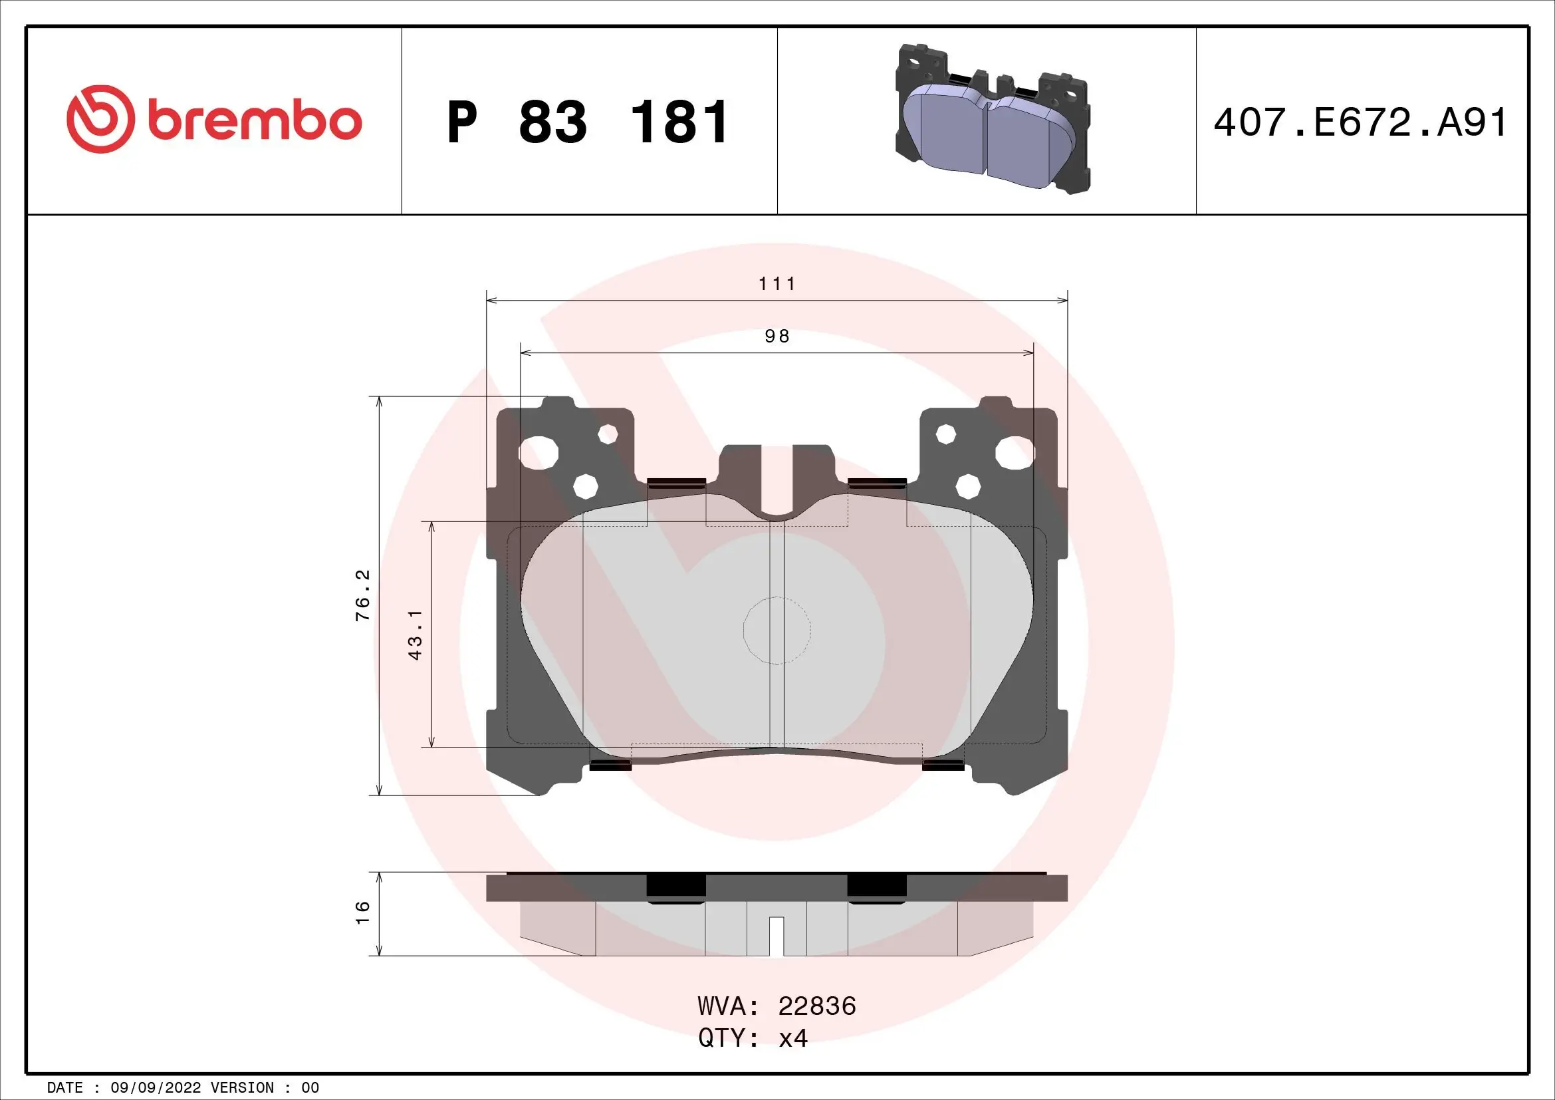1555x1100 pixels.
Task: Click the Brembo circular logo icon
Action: coord(98,118)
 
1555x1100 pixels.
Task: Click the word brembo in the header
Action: coord(255,121)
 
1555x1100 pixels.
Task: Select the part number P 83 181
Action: coord(588,122)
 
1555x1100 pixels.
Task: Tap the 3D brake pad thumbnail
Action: coord(992,119)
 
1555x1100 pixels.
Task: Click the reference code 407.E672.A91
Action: coord(1360,122)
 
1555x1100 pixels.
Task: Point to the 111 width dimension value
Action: coord(777,283)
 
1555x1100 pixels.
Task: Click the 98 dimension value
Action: coord(777,336)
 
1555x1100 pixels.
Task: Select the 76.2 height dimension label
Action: coord(364,595)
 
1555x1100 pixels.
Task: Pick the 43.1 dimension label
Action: coord(416,634)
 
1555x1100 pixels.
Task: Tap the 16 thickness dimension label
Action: coord(364,912)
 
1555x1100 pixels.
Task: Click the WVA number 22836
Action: coord(817,1006)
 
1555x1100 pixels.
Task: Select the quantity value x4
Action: coord(793,1037)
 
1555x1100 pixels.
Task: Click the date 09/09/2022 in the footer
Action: coord(155,1087)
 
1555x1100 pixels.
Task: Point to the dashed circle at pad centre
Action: coord(777,630)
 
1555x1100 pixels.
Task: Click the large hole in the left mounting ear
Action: coord(539,453)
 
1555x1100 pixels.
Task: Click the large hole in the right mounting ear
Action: coord(1015,453)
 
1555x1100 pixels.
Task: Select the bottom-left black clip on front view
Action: coord(610,765)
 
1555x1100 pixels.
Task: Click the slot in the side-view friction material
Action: coord(777,936)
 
